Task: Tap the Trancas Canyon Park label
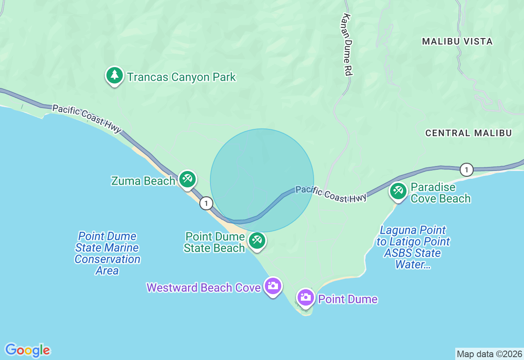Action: (x=181, y=77)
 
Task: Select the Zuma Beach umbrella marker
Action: (x=187, y=179)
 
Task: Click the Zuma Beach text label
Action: (x=143, y=181)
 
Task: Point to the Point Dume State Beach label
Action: (x=215, y=242)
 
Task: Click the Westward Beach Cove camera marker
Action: (x=273, y=286)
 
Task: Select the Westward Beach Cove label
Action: (x=203, y=288)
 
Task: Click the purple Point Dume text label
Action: (x=348, y=299)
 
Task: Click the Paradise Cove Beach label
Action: (x=440, y=193)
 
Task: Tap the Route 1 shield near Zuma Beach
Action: (x=206, y=203)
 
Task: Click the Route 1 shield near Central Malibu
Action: (x=466, y=169)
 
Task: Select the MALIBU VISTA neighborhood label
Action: (x=457, y=41)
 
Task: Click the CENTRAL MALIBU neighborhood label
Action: (x=468, y=133)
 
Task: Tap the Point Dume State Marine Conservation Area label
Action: (x=107, y=253)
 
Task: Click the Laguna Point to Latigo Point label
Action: (x=413, y=247)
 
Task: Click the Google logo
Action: (x=27, y=350)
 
